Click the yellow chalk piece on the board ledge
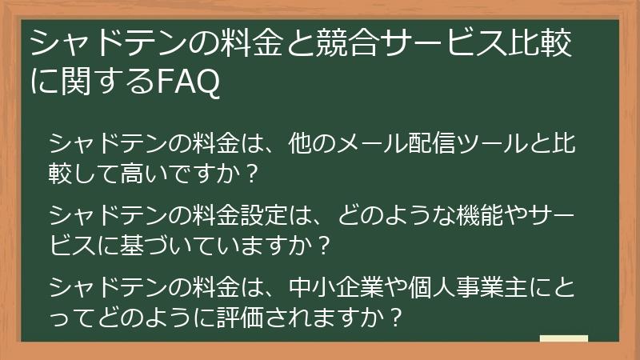point(564,338)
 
